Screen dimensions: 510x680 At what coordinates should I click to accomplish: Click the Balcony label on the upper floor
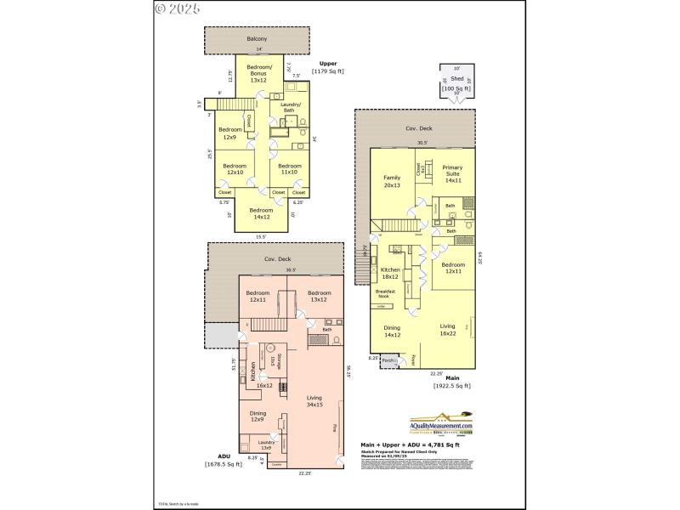click(x=257, y=39)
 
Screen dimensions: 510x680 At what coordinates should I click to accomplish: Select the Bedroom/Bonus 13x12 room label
click(x=259, y=73)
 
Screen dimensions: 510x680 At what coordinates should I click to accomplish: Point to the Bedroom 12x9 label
click(x=229, y=133)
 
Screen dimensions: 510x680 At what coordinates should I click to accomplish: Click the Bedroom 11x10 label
click(x=289, y=169)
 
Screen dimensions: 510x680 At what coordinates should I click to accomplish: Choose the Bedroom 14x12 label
click(x=261, y=213)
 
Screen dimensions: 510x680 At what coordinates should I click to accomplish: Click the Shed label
click(x=456, y=78)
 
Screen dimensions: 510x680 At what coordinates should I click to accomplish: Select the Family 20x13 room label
click(x=391, y=181)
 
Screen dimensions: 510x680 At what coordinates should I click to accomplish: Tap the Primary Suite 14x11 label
click(x=452, y=174)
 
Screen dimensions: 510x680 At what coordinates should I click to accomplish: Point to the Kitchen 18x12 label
click(x=390, y=273)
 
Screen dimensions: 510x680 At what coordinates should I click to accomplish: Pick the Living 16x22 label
click(x=447, y=329)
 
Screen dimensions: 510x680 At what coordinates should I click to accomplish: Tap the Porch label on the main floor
click(x=388, y=360)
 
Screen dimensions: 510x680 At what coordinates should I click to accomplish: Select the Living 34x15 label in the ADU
click(x=314, y=400)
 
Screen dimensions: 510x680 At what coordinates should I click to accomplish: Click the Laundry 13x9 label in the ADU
click(x=265, y=445)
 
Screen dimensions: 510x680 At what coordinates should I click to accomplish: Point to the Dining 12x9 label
click(x=258, y=416)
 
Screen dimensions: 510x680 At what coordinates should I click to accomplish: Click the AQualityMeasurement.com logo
click(x=441, y=425)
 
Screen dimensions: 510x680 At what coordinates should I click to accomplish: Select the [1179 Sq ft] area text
click(x=327, y=71)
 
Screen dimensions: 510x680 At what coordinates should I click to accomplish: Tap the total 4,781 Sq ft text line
click(x=410, y=445)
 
